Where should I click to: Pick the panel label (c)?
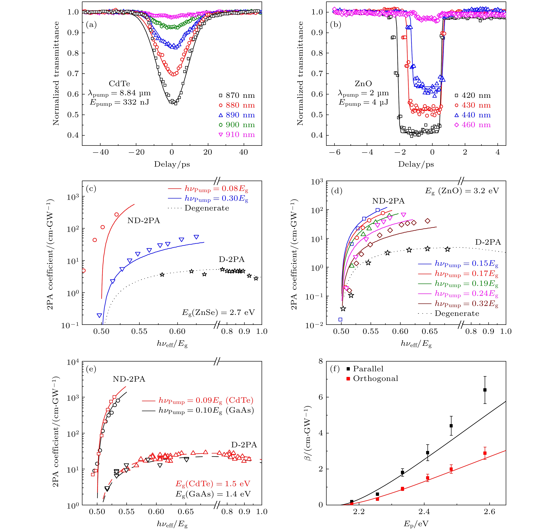[x=91, y=189]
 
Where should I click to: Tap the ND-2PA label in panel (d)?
[x=388, y=201]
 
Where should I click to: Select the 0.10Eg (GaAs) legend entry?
[x=206, y=410]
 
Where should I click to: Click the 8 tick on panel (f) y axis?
[x=320, y=362]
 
